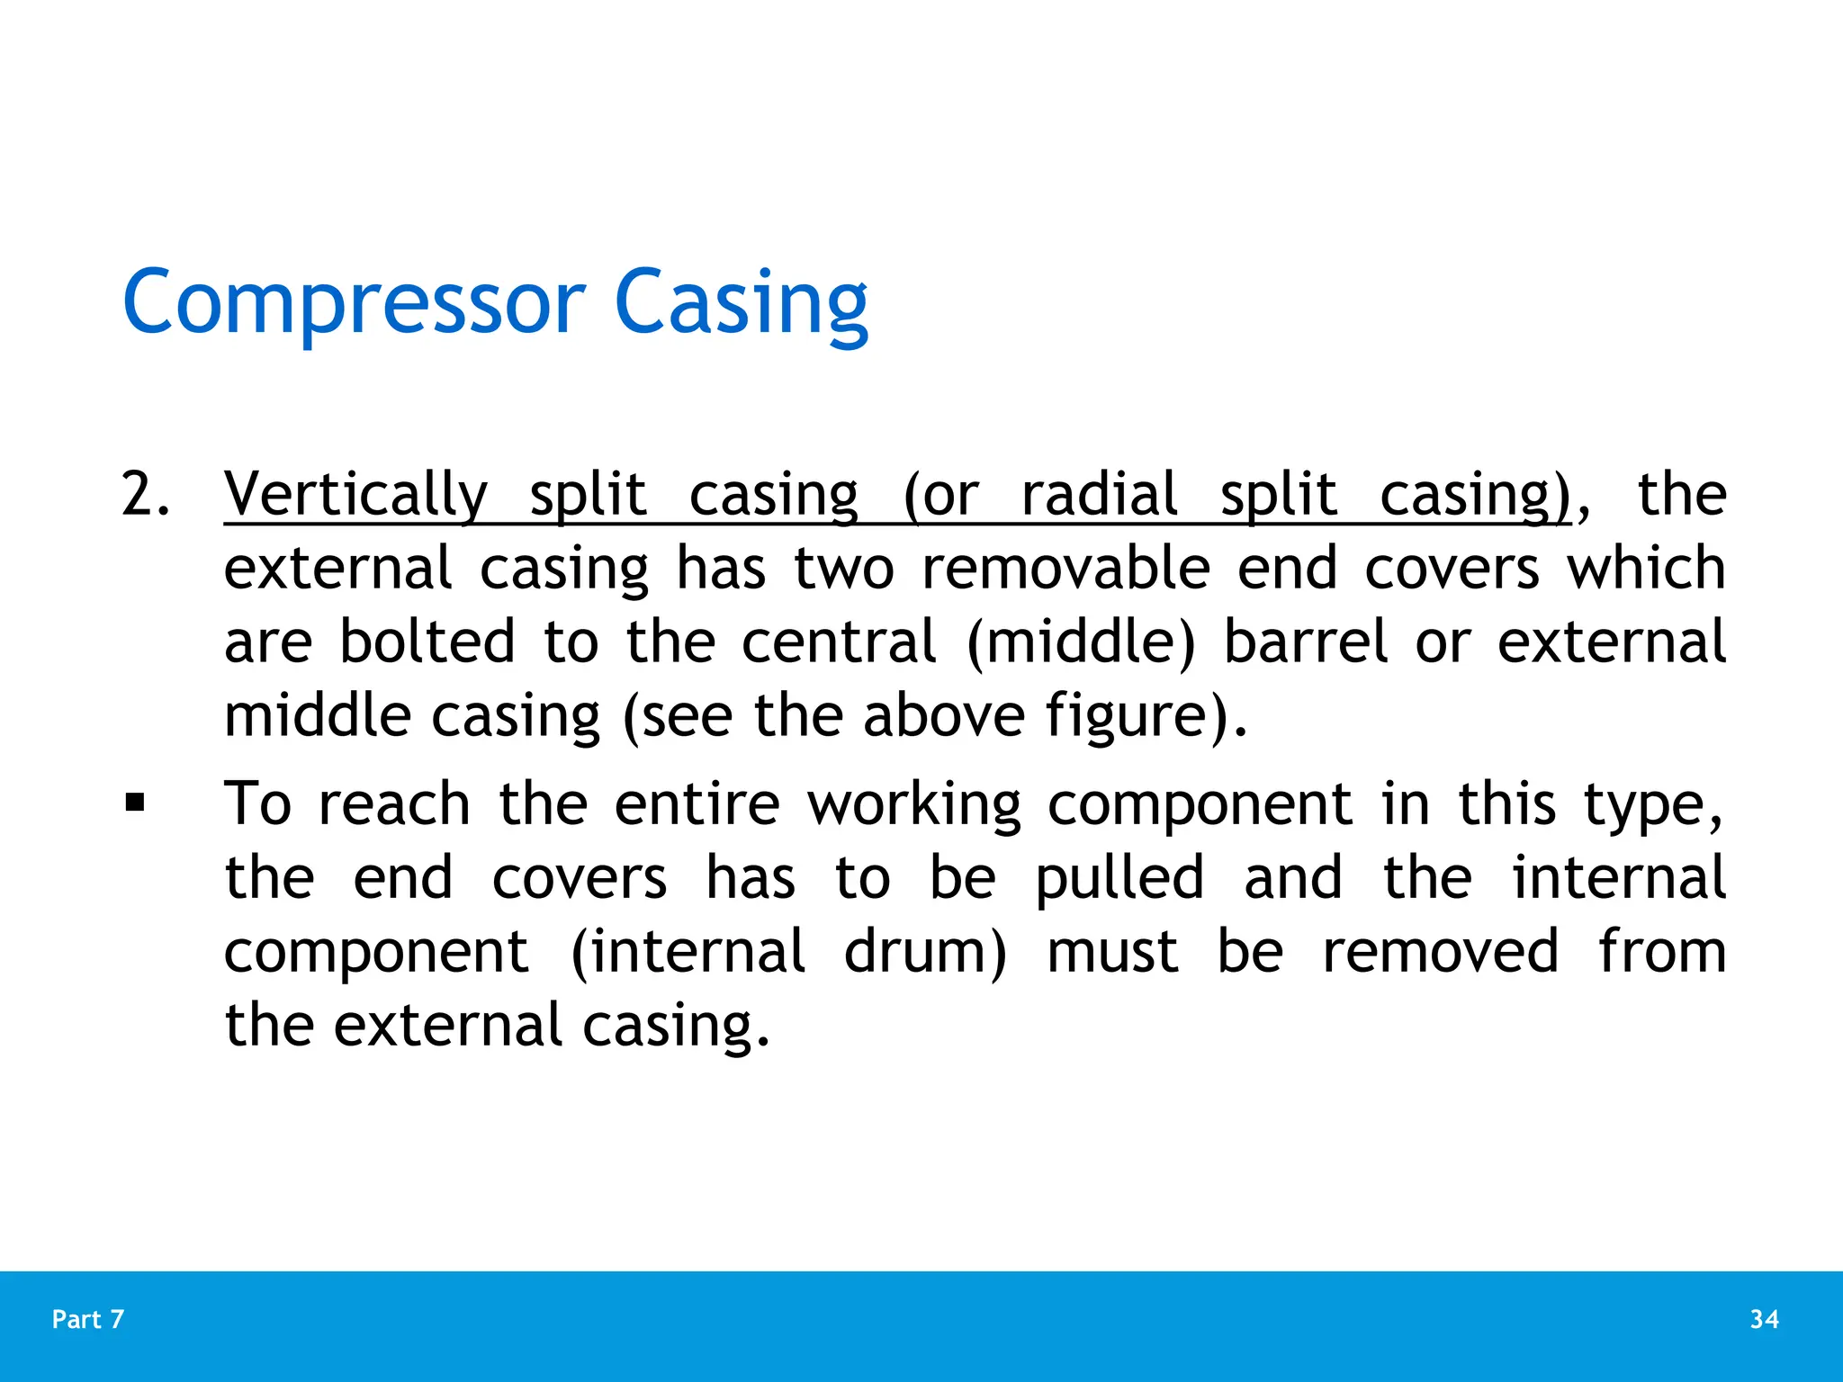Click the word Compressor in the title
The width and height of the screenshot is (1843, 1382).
[x=354, y=303]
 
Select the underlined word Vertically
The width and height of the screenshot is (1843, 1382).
[x=355, y=495]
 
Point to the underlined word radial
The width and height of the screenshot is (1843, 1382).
[x=1099, y=495]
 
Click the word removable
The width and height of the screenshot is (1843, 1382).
[x=1065, y=569]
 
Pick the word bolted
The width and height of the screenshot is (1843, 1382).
[x=427, y=642]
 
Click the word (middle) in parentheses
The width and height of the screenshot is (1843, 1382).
[x=1081, y=642]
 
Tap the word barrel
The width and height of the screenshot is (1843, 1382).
[x=1306, y=642]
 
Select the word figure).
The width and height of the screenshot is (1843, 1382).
[x=1146, y=717]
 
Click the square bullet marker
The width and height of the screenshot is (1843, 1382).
[x=135, y=801]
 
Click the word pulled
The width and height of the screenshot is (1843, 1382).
[x=1119, y=878]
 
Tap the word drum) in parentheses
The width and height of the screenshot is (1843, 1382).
[x=924, y=952]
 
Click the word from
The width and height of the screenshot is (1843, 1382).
[x=1661, y=952]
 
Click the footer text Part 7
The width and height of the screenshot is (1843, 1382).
[x=88, y=1319]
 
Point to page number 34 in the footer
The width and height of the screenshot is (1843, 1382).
[x=1764, y=1319]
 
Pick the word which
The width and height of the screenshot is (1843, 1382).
[x=1646, y=569]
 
